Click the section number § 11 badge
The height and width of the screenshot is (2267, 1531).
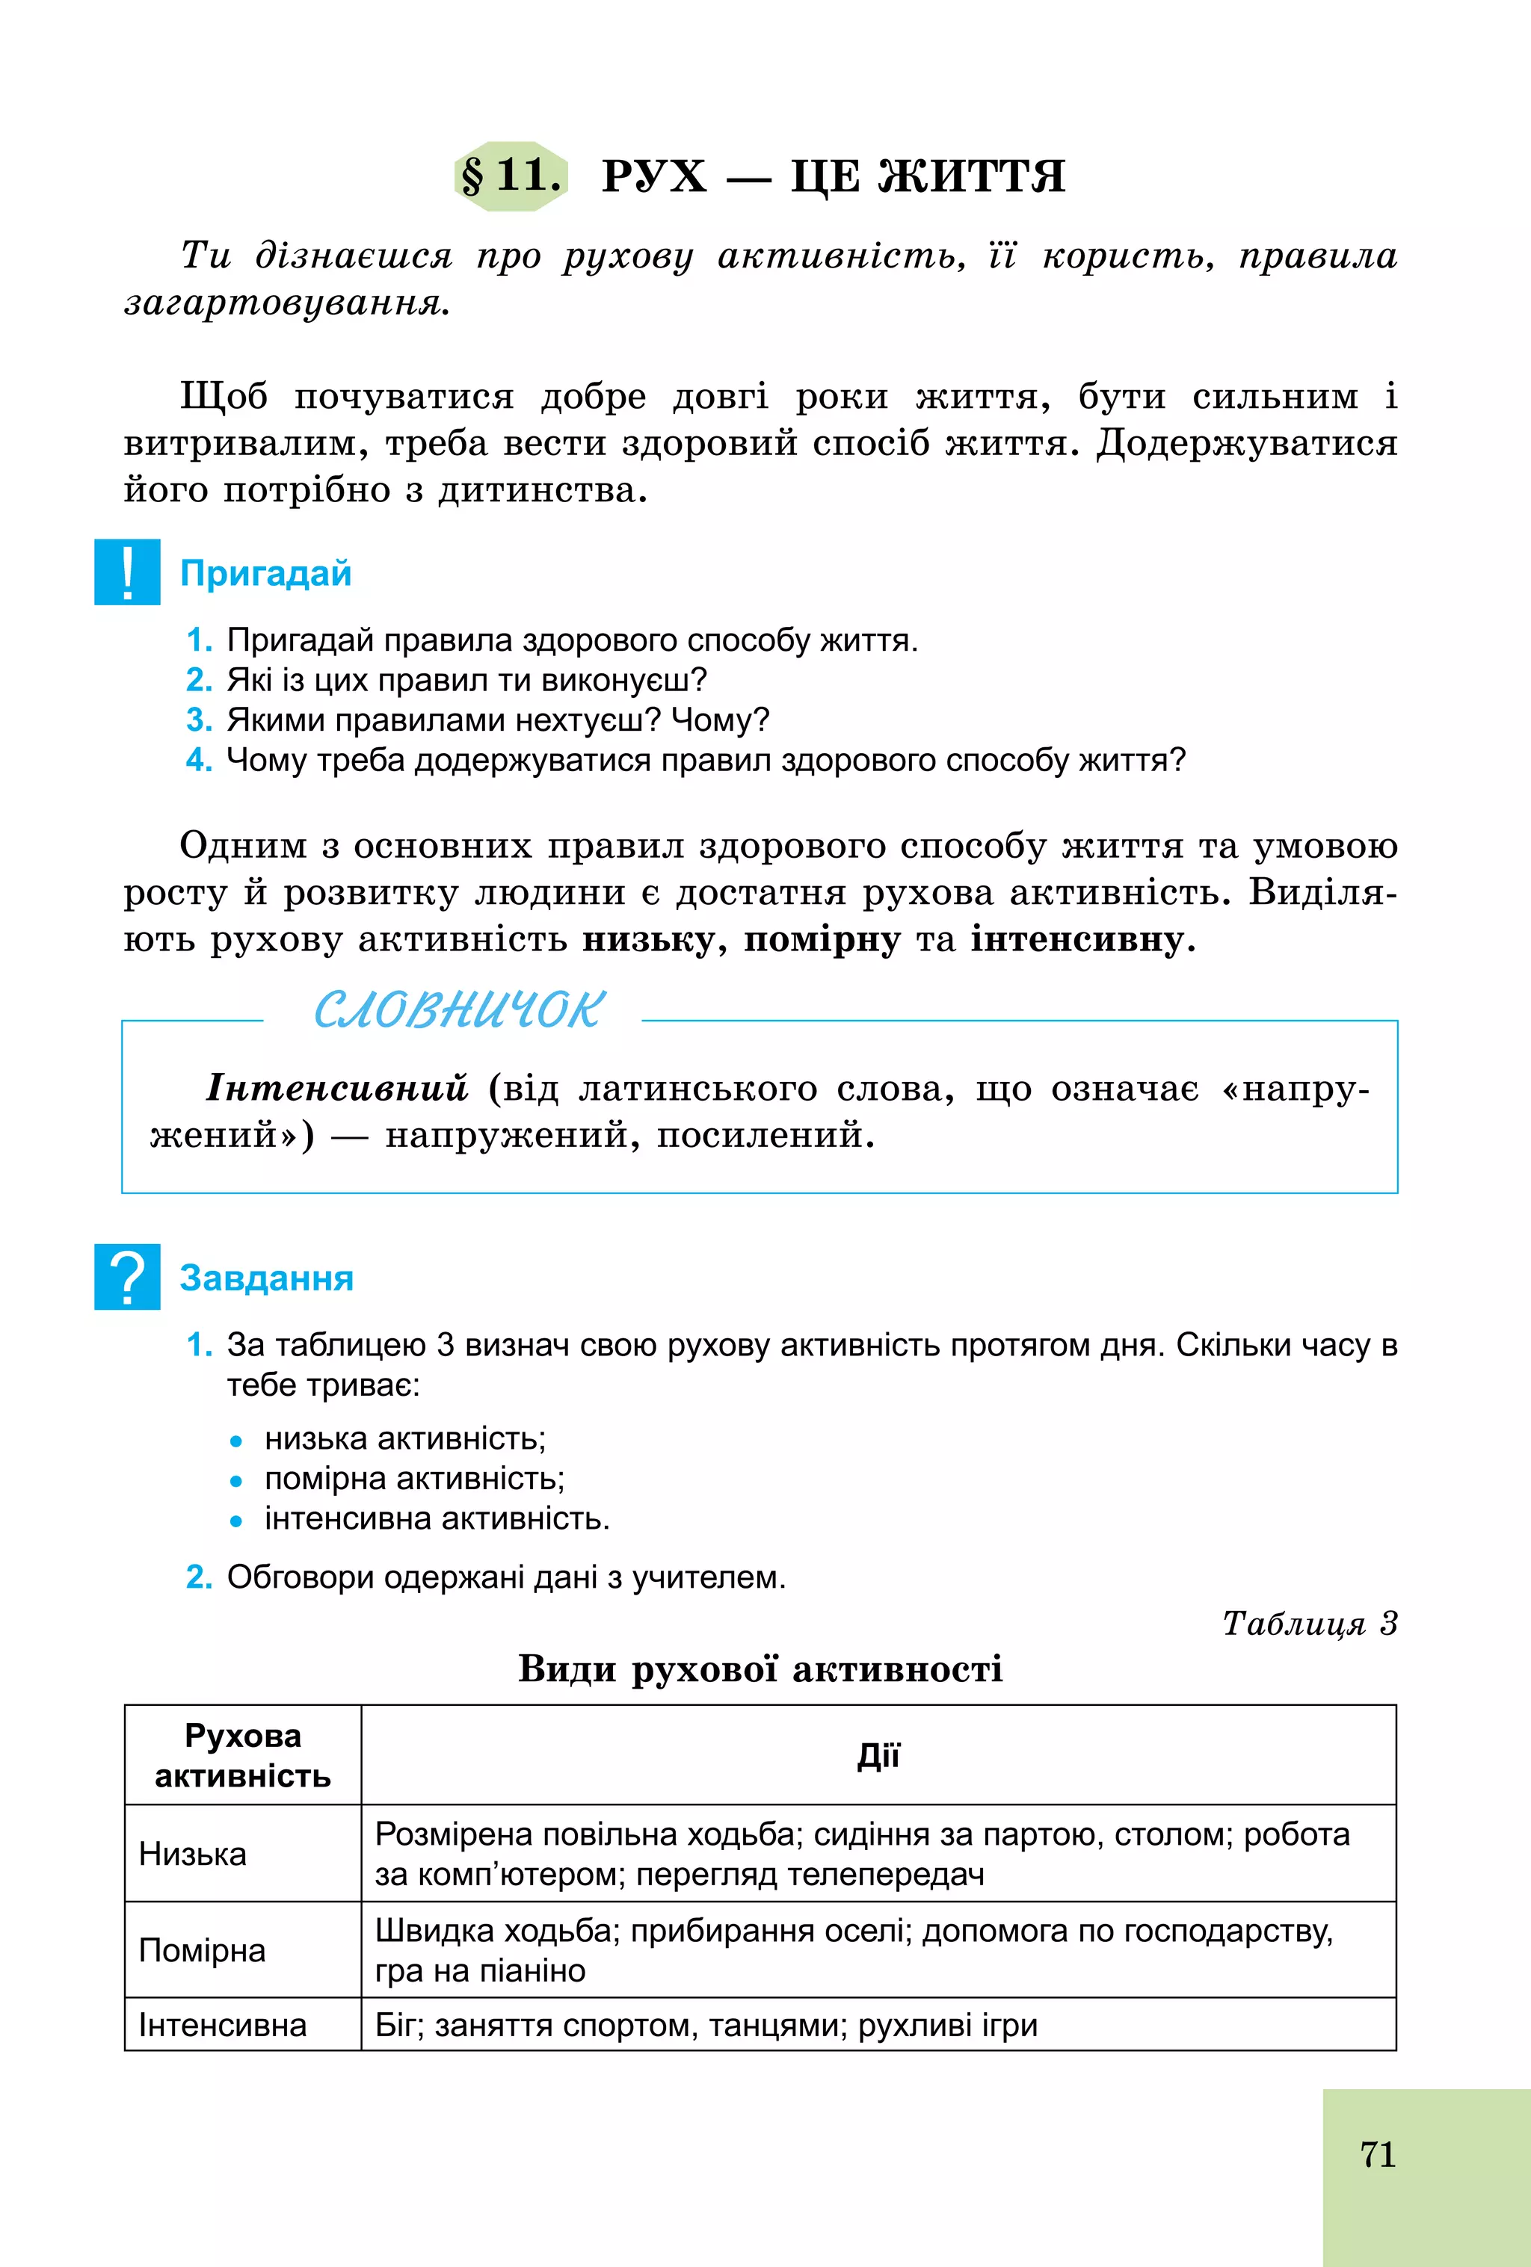(511, 176)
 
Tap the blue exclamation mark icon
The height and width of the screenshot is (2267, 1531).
(127, 572)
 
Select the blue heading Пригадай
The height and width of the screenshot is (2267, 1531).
(265, 574)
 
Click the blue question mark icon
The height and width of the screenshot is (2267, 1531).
(127, 1277)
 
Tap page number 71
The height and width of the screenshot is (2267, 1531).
(1377, 2154)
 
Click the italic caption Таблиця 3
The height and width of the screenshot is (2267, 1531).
(1310, 1623)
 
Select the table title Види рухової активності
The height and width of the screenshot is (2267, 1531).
(760, 1669)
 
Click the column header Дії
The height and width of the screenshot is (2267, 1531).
(878, 1756)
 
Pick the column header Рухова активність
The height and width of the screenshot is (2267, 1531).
(243, 1756)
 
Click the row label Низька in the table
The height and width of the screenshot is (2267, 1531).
(192, 1855)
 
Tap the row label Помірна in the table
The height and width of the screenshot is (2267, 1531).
(202, 1951)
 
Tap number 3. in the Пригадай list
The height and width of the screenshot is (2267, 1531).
(199, 720)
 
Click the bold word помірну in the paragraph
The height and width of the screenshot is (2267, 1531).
(822, 939)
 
